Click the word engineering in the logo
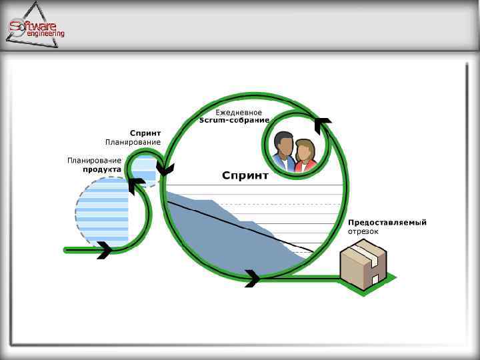click(x=45, y=34)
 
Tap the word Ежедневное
click(x=239, y=113)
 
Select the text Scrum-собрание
click(x=235, y=121)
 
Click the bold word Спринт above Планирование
click(x=145, y=133)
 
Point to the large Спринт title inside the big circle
click(x=245, y=176)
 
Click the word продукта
click(x=102, y=169)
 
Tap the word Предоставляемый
click(x=387, y=223)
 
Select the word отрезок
click(x=363, y=231)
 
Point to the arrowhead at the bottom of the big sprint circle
click(x=252, y=278)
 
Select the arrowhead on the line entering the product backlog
click(x=104, y=251)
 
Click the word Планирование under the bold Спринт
click(x=133, y=142)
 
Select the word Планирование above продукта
click(x=94, y=161)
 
